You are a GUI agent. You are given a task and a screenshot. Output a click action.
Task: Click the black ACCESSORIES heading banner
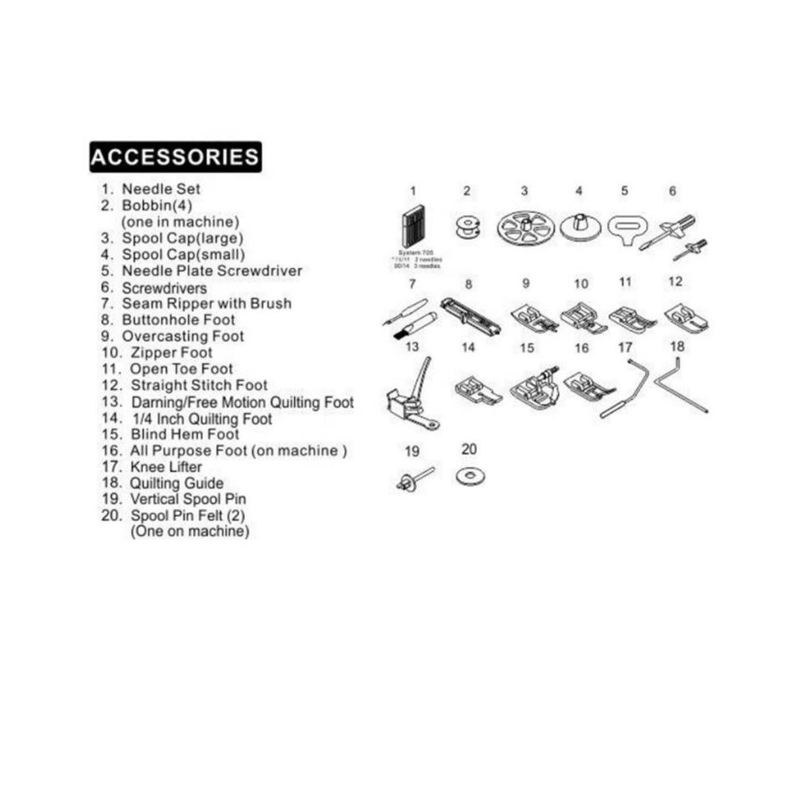point(175,157)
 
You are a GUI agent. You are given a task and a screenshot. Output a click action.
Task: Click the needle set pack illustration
point(412,226)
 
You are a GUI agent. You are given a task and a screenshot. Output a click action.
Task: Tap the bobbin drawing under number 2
point(467,227)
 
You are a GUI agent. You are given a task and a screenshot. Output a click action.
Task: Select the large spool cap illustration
point(525,227)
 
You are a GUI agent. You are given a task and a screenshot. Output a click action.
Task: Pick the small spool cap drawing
point(578,226)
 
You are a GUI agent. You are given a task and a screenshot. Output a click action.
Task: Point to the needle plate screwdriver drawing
point(625,227)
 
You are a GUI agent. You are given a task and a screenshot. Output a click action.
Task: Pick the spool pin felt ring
point(470,477)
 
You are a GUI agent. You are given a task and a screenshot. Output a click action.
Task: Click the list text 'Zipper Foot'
point(171,353)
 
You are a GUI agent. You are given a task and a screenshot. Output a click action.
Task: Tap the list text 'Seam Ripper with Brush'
point(206,303)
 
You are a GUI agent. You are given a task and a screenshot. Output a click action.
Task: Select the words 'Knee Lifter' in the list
point(166,466)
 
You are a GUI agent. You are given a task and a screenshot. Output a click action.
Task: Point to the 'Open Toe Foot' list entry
point(181,368)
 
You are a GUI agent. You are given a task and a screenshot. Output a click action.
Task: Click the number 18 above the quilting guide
point(678,346)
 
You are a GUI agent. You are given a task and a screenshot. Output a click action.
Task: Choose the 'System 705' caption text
point(413,252)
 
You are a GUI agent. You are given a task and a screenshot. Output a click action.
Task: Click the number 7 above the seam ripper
point(412,284)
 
